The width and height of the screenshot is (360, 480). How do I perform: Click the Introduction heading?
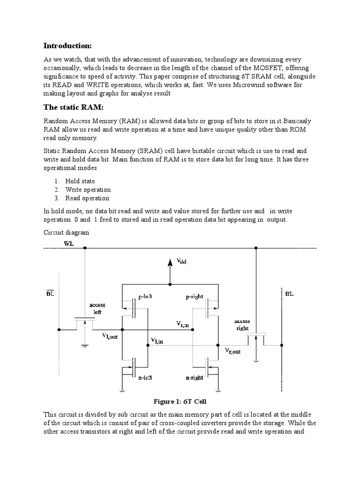[67, 45]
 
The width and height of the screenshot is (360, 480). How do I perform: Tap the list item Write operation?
[88, 190]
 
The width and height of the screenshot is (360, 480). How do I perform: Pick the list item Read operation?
[87, 198]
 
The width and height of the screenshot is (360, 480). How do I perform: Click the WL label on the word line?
[69, 244]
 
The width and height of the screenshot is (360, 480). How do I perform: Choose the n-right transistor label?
[195, 377]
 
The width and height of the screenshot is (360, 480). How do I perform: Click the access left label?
[97, 308]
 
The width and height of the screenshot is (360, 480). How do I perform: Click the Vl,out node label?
[111, 337]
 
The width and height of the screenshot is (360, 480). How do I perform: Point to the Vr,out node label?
[233, 351]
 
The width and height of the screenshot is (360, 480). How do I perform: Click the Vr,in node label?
[182, 324]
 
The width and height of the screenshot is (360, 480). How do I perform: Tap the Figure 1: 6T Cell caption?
[180, 402]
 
